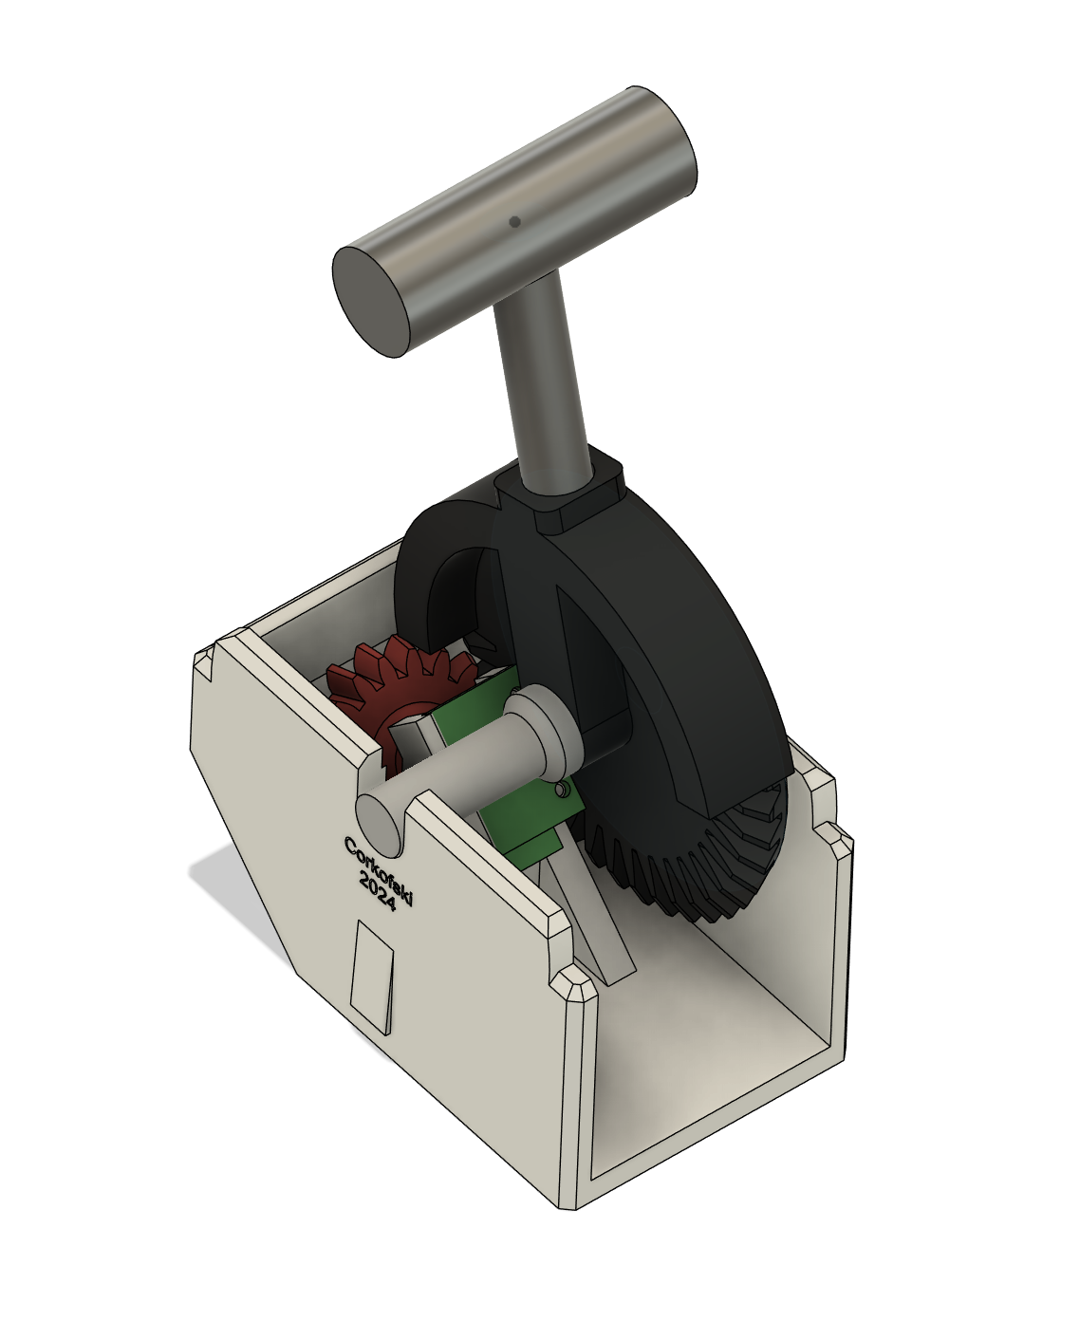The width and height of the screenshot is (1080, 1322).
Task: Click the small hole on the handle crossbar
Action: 514,222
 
